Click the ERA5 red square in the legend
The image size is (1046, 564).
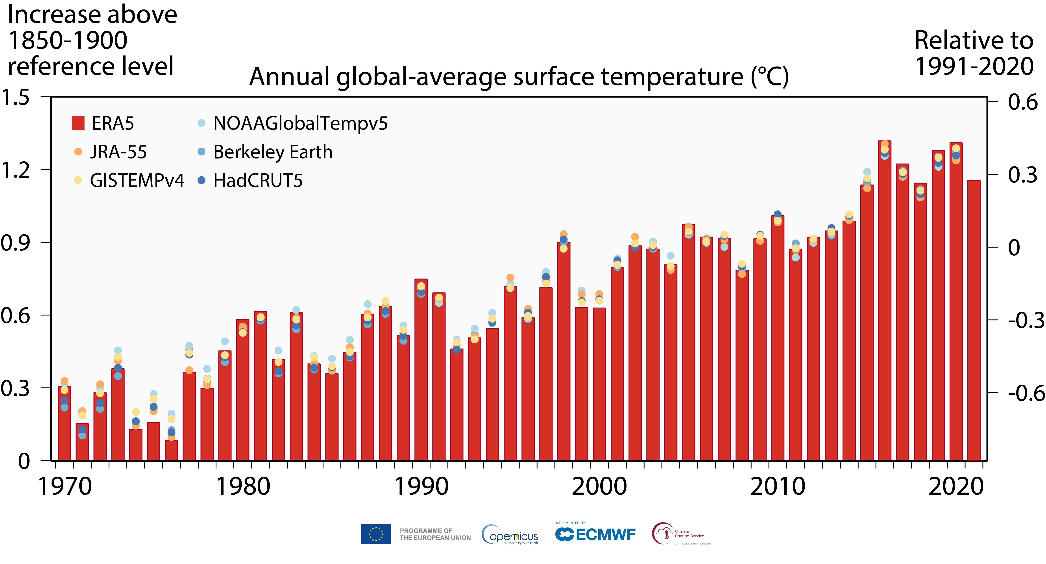pyautogui.click(x=78, y=123)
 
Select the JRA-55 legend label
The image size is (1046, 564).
pyautogui.click(x=118, y=152)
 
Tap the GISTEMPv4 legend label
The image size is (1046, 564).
pyautogui.click(x=137, y=180)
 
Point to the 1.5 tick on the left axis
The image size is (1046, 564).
pyautogui.click(x=15, y=98)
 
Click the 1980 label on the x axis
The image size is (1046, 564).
pyautogui.click(x=243, y=486)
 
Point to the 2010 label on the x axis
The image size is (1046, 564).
pyautogui.click(x=778, y=486)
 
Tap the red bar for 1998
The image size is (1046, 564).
pyautogui.click(x=564, y=351)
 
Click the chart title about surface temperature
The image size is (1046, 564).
pyautogui.click(x=519, y=77)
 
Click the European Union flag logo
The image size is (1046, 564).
pyautogui.click(x=376, y=534)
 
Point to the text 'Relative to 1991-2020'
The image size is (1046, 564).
pyautogui.click(x=974, y=53)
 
